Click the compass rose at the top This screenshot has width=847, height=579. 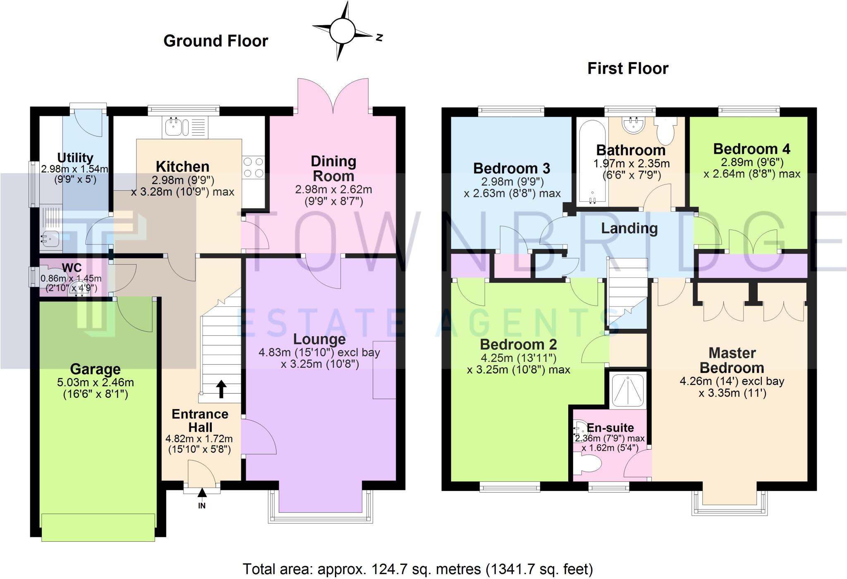342,31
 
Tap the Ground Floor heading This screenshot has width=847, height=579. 215,41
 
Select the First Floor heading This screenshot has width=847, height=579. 627,68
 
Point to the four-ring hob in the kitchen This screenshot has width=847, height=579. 253,167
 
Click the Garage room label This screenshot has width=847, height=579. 96,369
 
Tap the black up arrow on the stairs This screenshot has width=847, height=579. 221,389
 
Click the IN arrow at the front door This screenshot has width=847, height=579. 202,493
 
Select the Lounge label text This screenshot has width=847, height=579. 319,339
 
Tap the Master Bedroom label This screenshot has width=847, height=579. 732,360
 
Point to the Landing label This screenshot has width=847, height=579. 629,228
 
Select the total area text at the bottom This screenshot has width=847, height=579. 418,569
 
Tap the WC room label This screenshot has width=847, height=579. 72,267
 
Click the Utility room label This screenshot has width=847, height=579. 75,158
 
